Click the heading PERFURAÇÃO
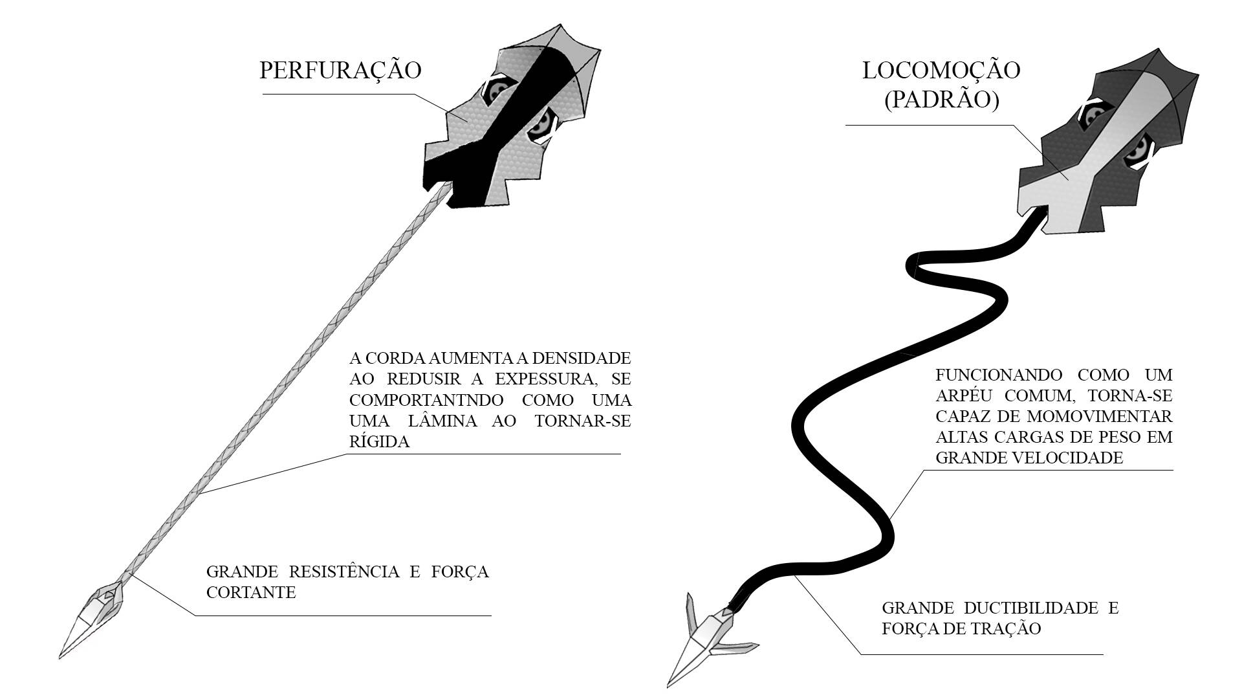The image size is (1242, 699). [340, 71]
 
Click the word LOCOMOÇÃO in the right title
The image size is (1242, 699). [941, 71]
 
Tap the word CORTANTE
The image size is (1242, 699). [251, 592]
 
